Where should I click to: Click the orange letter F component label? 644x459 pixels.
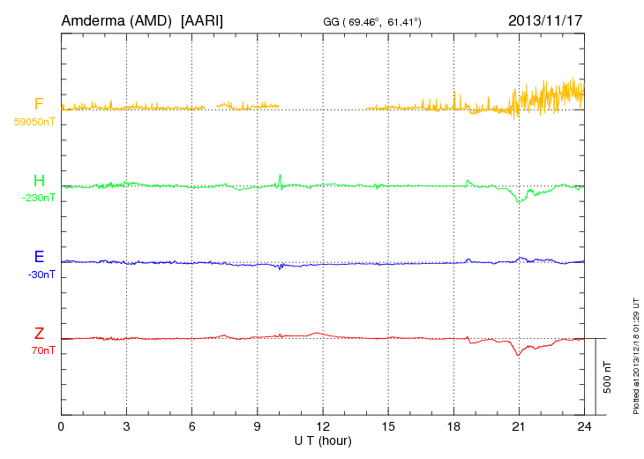39,104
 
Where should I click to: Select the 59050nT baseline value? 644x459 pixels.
34,121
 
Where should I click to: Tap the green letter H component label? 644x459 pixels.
39,181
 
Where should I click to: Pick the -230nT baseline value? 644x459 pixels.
38,198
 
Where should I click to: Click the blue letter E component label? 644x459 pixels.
39,257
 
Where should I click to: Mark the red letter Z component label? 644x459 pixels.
39,334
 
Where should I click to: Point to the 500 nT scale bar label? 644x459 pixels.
608,378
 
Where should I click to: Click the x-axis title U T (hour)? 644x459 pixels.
323,440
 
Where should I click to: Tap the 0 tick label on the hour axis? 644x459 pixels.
61,426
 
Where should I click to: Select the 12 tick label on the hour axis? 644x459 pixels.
323,426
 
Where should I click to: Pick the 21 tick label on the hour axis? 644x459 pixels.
519,426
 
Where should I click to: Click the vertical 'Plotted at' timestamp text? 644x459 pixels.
636,354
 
